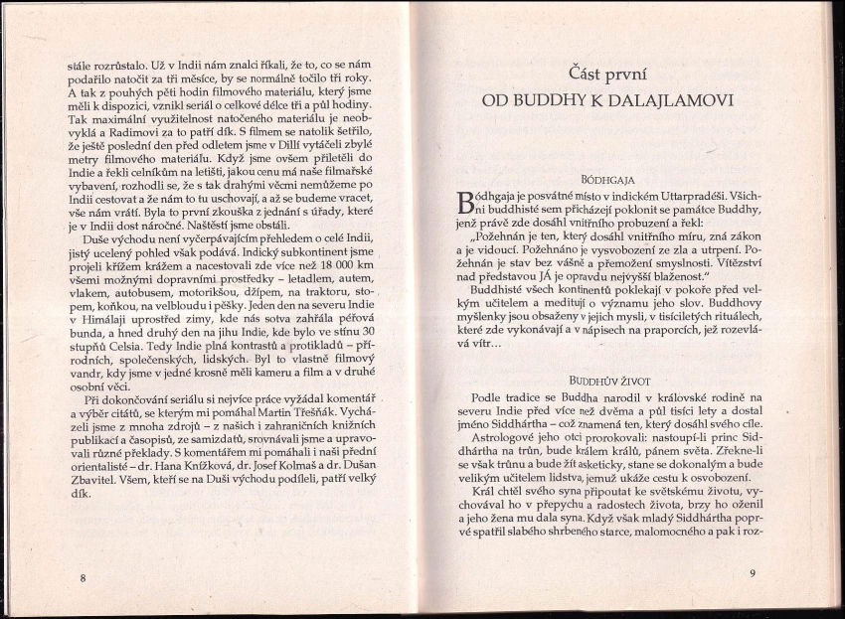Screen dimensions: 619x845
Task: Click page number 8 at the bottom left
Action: click(x=83, y=576)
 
